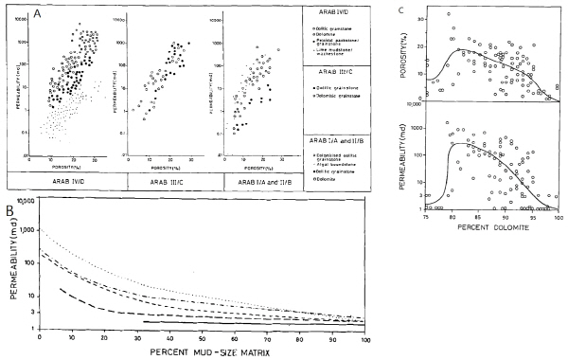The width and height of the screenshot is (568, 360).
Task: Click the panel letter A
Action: [10, 10]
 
